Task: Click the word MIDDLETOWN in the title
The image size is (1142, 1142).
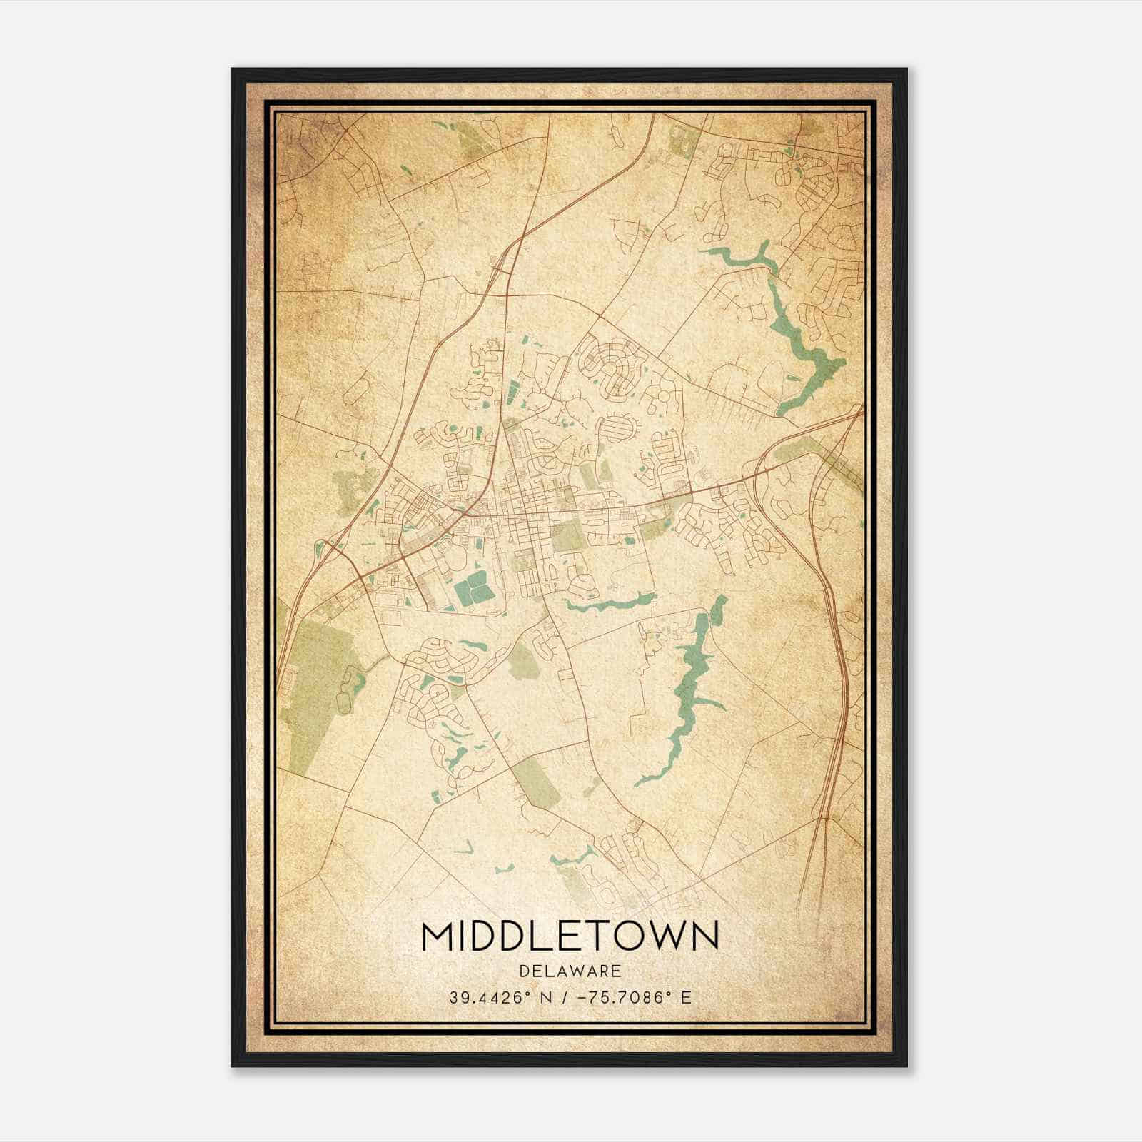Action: pyautogui.click(x=570, y=937)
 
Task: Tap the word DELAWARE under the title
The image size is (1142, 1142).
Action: pyautogui.click(x=570, y=971)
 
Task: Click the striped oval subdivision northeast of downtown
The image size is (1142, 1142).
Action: pyautogui.click(x=618, y=428)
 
